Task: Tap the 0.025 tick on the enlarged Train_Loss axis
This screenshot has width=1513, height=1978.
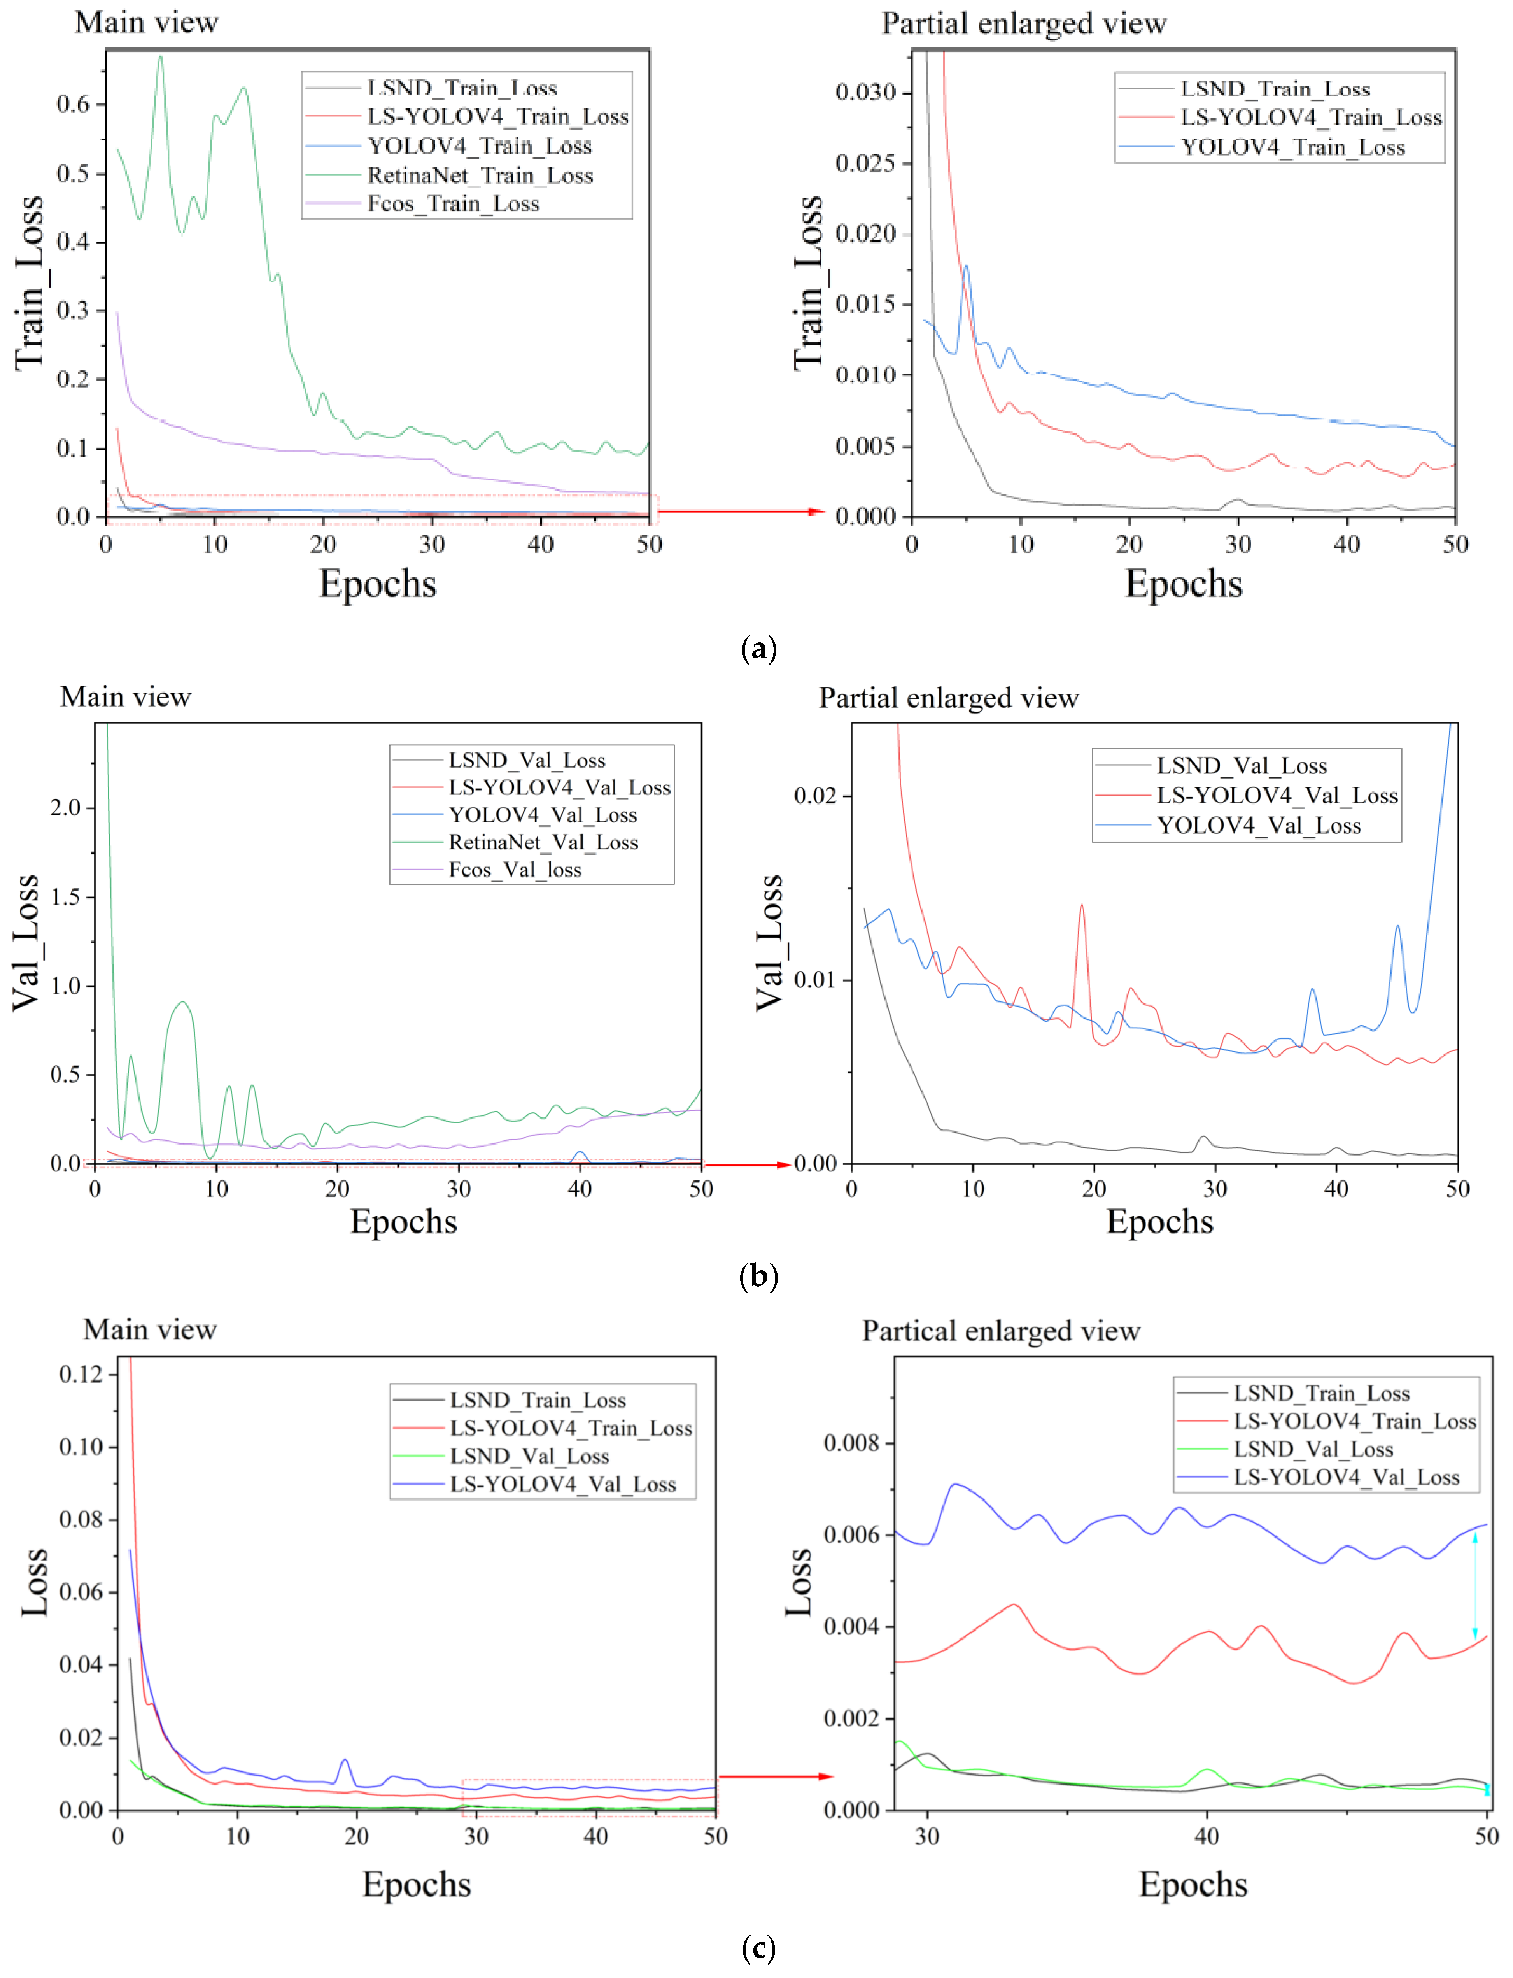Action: point(865,163)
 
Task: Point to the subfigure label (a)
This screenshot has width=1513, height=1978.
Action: point(757,649)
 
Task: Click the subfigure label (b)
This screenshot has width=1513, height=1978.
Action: point(757,1277)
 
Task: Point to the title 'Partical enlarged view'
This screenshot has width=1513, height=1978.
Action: point(1000,1331)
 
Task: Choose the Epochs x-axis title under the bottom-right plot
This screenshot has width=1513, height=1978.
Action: point(1193,1884)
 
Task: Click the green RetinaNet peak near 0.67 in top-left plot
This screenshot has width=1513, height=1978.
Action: point(160,58)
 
